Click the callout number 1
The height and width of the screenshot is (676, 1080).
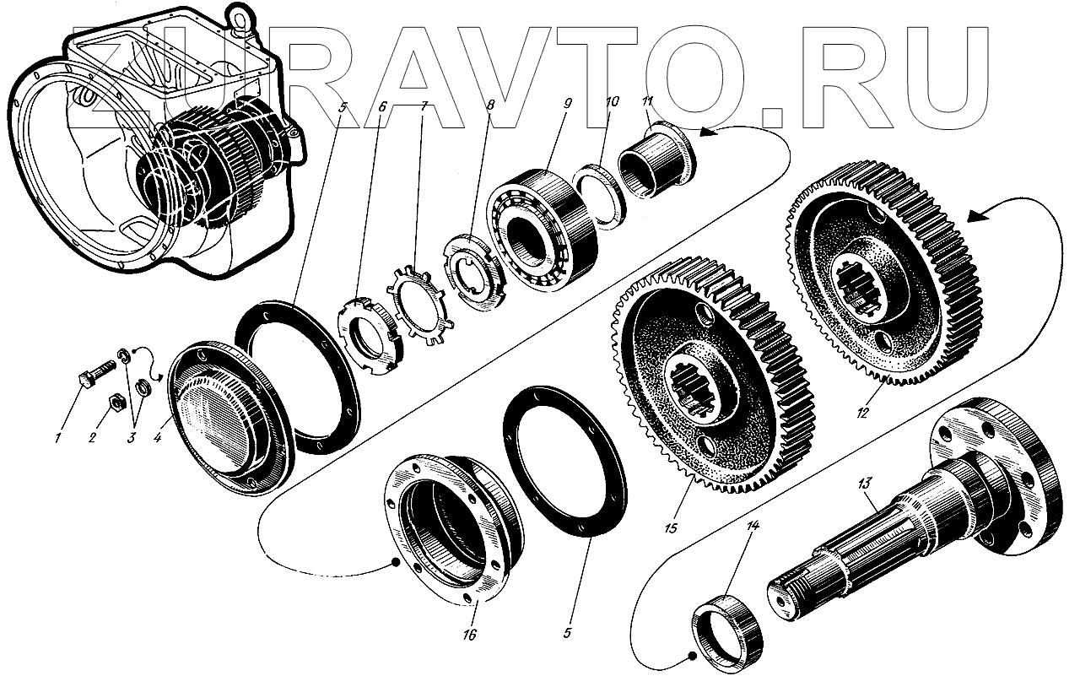click(57, 438)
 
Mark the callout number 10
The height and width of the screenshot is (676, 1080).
click(613, 101)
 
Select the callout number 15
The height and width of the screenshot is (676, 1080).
click(671, 529)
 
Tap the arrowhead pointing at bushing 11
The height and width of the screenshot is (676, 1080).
click(709, 133)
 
